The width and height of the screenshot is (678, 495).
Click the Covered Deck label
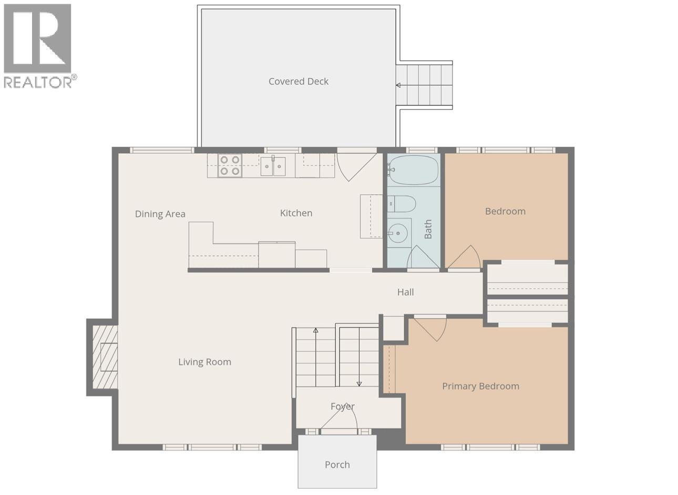298,81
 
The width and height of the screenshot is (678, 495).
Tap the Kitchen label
296,213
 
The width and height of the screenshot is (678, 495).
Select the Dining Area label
160,214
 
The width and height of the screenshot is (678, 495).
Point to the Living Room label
204,362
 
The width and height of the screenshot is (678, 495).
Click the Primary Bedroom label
480,386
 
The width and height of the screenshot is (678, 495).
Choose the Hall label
405,292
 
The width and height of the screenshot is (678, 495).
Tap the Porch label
337,465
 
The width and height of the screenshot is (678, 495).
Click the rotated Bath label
428,229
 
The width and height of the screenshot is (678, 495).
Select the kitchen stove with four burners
230,166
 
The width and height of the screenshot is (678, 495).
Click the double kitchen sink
273,166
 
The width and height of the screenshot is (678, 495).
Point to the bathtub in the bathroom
413,170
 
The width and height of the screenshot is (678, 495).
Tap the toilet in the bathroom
402,203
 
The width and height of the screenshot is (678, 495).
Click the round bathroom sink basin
399,231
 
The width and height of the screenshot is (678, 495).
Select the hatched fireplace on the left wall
105,357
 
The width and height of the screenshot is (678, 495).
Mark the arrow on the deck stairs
398,86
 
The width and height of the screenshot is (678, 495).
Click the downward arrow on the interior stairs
359,382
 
